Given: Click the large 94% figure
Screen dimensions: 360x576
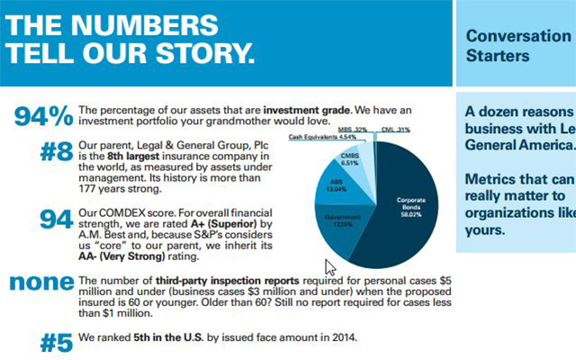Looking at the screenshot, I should [44, 116].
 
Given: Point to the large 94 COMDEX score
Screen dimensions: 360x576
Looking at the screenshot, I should [58, 220].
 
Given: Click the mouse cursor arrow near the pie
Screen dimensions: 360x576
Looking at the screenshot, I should [329, 266].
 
